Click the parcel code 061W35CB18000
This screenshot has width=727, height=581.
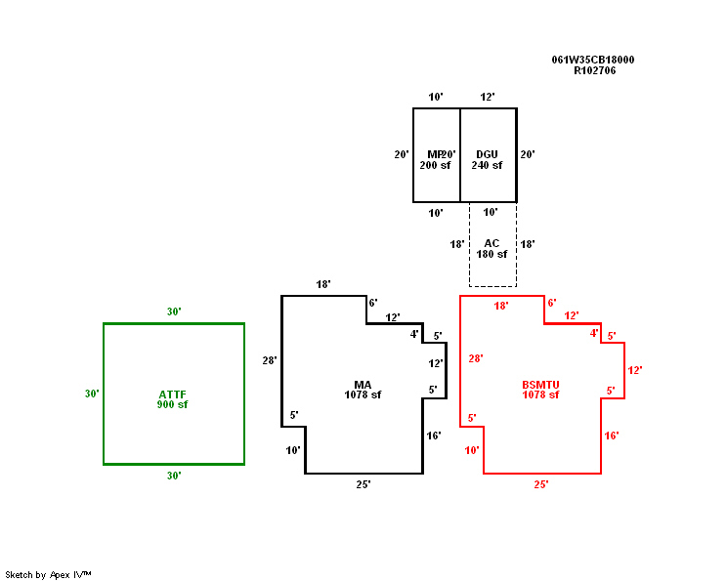point(593,60)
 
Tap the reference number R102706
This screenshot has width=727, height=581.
point(594,70)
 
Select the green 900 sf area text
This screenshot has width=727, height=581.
point(172,404)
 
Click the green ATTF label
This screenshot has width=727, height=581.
point(172,394)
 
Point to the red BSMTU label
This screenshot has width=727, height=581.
point(540,385)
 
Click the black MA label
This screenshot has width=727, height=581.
point(363,385)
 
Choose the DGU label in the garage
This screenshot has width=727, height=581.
point(487,154)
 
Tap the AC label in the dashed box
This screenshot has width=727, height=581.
point(492,243)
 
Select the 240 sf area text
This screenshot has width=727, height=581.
point(487,165)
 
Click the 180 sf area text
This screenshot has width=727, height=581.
point(492,254)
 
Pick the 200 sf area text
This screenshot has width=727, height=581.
point(435,165)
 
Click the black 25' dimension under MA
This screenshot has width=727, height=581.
point(363,483)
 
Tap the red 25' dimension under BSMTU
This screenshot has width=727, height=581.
point(541,483)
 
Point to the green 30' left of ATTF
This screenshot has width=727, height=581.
point(92,394)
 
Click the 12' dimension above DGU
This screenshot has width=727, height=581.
point(488,97)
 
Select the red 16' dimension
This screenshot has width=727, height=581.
point(612,436)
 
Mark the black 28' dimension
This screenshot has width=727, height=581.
point(270,360)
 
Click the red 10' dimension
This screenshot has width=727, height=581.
point(472,450)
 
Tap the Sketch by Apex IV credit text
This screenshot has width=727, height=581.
point(48,574)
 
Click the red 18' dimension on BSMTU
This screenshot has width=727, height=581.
point(501,306)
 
